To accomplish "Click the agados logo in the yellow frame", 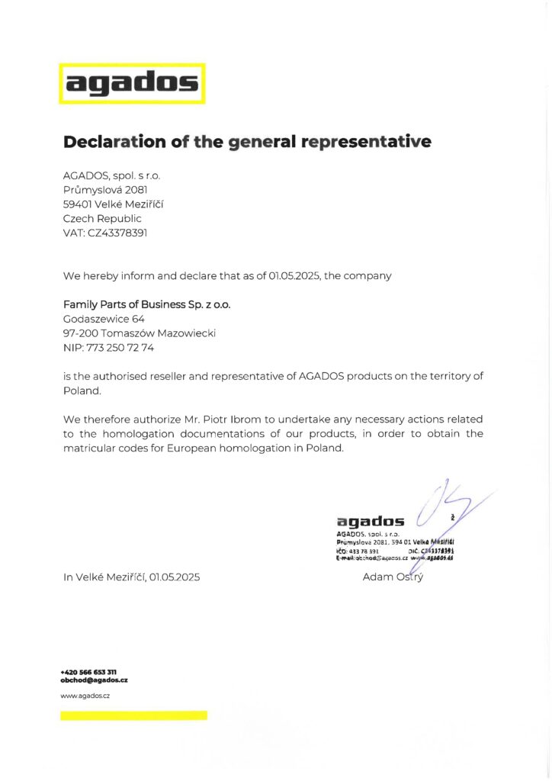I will pyautogui.click(x=133, y=83).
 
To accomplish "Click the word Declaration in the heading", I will pyautogui.click(x=109, y=142).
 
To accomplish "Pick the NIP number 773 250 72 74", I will pyautogui.click(x=120, y=347).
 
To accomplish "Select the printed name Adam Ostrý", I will pyautogui.click(x=393, y=577).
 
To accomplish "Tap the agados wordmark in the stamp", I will pyautogui.click(x=371, y=522).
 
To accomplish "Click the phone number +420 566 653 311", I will pyautogui.click(x=88, y=672).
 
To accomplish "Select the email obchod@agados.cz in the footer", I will pyautogui.click(x=94, y=680).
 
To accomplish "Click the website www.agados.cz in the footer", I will pyautogui.click(x=86, y=696).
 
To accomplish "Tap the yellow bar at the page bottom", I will pyautogui.click(x=133, y=715).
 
